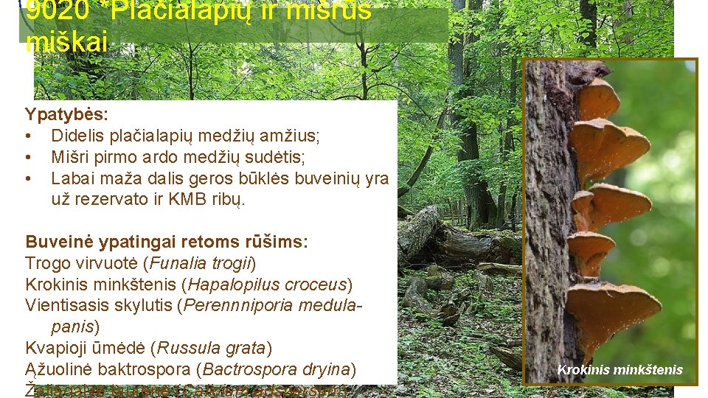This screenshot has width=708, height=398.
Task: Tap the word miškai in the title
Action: click(66, 41)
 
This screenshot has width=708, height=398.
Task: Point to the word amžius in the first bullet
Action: click(292, 136)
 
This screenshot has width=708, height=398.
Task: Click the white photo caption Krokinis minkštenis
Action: click(619, 370)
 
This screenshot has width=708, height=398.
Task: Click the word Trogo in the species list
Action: click(46, 263)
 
